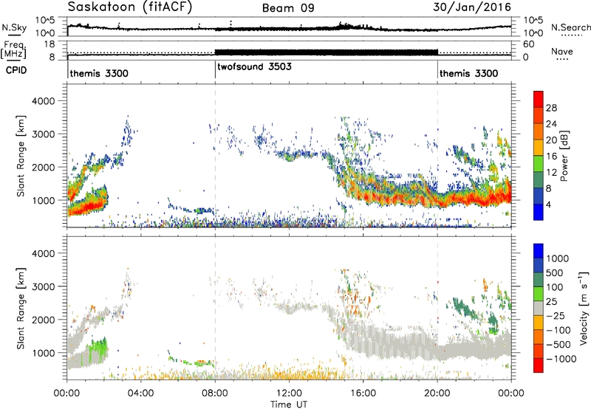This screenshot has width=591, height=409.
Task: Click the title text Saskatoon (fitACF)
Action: tap(130, 7)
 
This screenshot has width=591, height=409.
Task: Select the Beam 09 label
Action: tap(288, 8)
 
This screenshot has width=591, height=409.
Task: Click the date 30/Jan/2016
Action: tap(472, 7)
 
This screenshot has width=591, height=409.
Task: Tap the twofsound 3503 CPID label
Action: tap(254, 66)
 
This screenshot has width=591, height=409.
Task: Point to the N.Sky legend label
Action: tap(14, 27)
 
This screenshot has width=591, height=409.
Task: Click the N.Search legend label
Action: tap(571, 27)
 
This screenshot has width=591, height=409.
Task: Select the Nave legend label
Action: tap(562, 51)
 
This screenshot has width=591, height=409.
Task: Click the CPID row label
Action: tap(16, 70)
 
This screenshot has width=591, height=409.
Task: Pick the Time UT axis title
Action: tap(289, 405)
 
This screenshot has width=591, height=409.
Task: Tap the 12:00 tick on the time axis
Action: tap(289, 393)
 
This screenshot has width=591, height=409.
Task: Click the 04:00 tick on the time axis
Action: tap(141, 393)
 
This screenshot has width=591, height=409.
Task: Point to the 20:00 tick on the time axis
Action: tap(437, 393)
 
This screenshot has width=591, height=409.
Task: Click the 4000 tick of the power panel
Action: tap(44, 101)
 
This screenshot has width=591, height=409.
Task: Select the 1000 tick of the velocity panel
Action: tap(44, 353)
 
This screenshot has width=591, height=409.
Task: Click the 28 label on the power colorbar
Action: tap(551, 108)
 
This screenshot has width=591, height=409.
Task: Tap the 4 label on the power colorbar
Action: tap(549, 205)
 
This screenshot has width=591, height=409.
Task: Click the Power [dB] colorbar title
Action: tap(564, 156)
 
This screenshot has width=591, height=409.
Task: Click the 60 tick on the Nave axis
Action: tap(528, 44)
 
